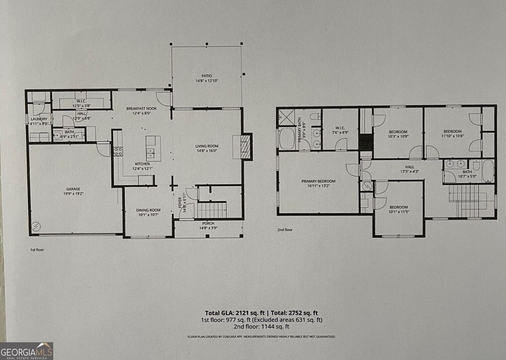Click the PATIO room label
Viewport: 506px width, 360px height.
pyautogui.click(x=207, y=76)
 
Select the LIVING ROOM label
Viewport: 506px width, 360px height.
pyautogui.click(x=207, y=146)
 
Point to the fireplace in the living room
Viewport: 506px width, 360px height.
pyautogui.click(x=245, y=146)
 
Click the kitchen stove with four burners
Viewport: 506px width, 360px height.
pyautogui.click(x=118, y=151)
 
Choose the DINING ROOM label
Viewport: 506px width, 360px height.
pyautogui.click(x=148, y=211)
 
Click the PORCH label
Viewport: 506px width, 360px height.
pyautogui.click(x=207, y=223)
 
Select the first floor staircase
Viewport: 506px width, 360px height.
pyautogui.click(x=211, y=210)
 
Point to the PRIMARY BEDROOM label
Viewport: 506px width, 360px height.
pyautogui.click(x=318, y=181)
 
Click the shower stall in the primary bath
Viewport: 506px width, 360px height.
pyautogui.click(x=286, y=117)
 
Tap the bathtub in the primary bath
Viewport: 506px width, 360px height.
pyautogui.click(x=287, y=138)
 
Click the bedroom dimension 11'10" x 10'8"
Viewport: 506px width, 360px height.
pyautogui.click(x=452, y=137)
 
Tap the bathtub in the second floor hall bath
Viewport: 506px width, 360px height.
pyautogui.click(x=488, y=171)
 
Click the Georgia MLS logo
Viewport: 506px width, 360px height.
pyautogui.click(x=27, y=350)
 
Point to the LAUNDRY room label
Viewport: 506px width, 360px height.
pyautogui.click(x=39, y=119)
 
